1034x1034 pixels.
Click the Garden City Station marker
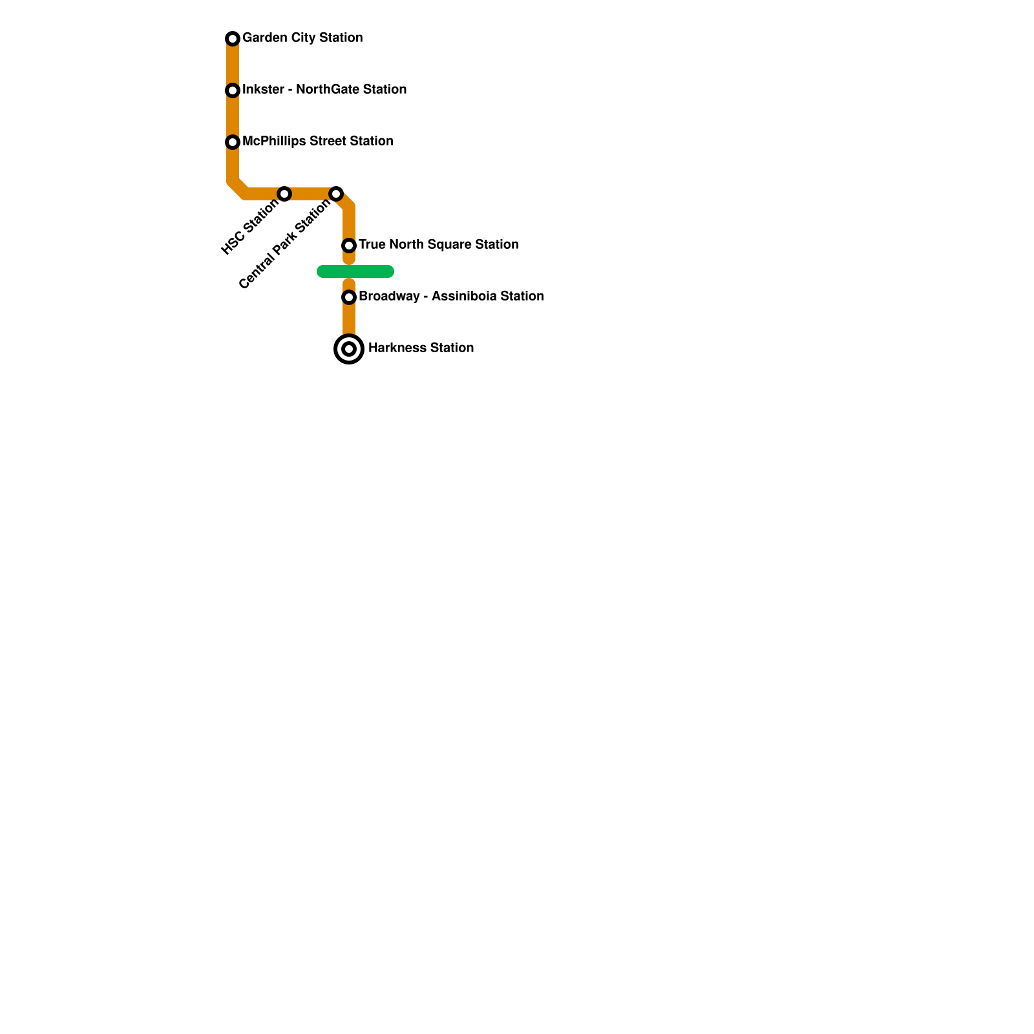pyautogui.click(x=233, y=39)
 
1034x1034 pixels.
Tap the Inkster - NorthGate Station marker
pyautogui.click(x=233, y=90)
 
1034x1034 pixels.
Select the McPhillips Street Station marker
pyautogui.click(x=233, y=142)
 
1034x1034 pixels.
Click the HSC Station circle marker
pyautogui.click(x=284, y=194)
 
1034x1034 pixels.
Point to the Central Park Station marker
pyautogui.click(x=336, y=194)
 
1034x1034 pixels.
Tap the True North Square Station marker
pyautogui.click(x=349, y=246)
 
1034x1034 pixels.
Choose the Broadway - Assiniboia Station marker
pyautogui.click(x=349, y=297)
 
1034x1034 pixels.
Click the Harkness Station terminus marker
pyautogui.click(x=349, y=349)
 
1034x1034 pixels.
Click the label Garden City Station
pyautogui.click(x=302, y=38)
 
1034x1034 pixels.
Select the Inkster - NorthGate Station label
pyautogui.click(x=324, y=90)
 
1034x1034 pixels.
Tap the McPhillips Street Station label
pyautogui.click(x=317, y=142)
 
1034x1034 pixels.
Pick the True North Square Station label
pyautogui.click(x=438, y=245)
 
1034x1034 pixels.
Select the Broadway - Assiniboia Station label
pyautogui.click(x=450, y=297)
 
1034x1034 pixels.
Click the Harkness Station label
pyautogui.click(x=421, y=348)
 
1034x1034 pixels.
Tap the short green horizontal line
pyautogui.click(x=355, y=271)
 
